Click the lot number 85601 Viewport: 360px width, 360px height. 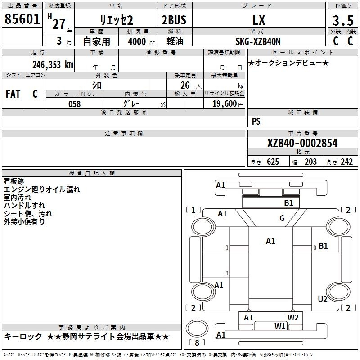(x=22, y=19)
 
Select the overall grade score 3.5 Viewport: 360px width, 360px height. (x=343, y=20)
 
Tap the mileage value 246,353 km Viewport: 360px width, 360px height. (x=53, y=65)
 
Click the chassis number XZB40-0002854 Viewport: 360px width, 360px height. (x=302, y=143)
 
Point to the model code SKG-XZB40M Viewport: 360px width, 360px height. (x=258, y=41)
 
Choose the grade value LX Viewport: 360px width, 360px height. (x=259, y=20)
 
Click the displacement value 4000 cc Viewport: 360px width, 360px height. (x=141, y=41)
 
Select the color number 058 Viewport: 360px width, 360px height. (x=75, y=104)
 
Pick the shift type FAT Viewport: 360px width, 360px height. (x=13, y=94)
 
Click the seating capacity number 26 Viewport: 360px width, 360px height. (x=185, y=85)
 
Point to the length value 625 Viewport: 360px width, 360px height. (x=273, y=162)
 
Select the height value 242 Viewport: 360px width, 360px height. (x=346, y=162)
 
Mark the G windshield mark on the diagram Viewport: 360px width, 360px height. (x=282, y=218)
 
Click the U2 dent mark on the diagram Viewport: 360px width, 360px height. (x=323, y=299)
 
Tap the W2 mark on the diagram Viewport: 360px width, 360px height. (x=293, y=318)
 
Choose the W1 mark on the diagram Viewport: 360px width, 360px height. (x=280, y=326)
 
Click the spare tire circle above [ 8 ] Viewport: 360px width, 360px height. (x=197, y=328)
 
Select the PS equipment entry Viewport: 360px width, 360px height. (x=256, y=121)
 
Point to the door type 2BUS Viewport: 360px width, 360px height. (x=174, y=20)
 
